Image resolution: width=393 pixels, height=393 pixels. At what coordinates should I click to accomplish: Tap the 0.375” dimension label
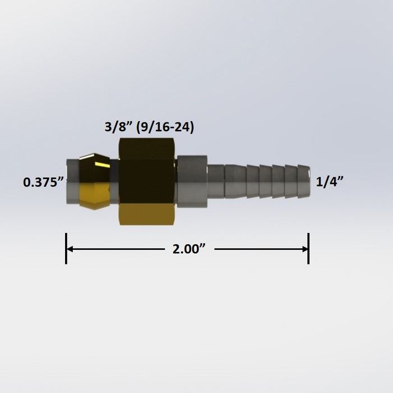click(43, 182)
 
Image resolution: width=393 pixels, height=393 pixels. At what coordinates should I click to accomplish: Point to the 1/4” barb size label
click(330, 182)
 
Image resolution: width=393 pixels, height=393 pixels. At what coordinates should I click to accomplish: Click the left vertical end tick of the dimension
click(66, 249)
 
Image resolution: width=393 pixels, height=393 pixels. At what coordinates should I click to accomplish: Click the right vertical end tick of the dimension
click(308, 249)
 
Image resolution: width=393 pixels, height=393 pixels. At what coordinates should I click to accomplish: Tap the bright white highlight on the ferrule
click(101, 163)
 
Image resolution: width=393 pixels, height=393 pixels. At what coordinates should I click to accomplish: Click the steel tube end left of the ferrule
click(72, 181)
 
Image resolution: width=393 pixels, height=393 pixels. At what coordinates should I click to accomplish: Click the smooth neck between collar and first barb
click(217, 181)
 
